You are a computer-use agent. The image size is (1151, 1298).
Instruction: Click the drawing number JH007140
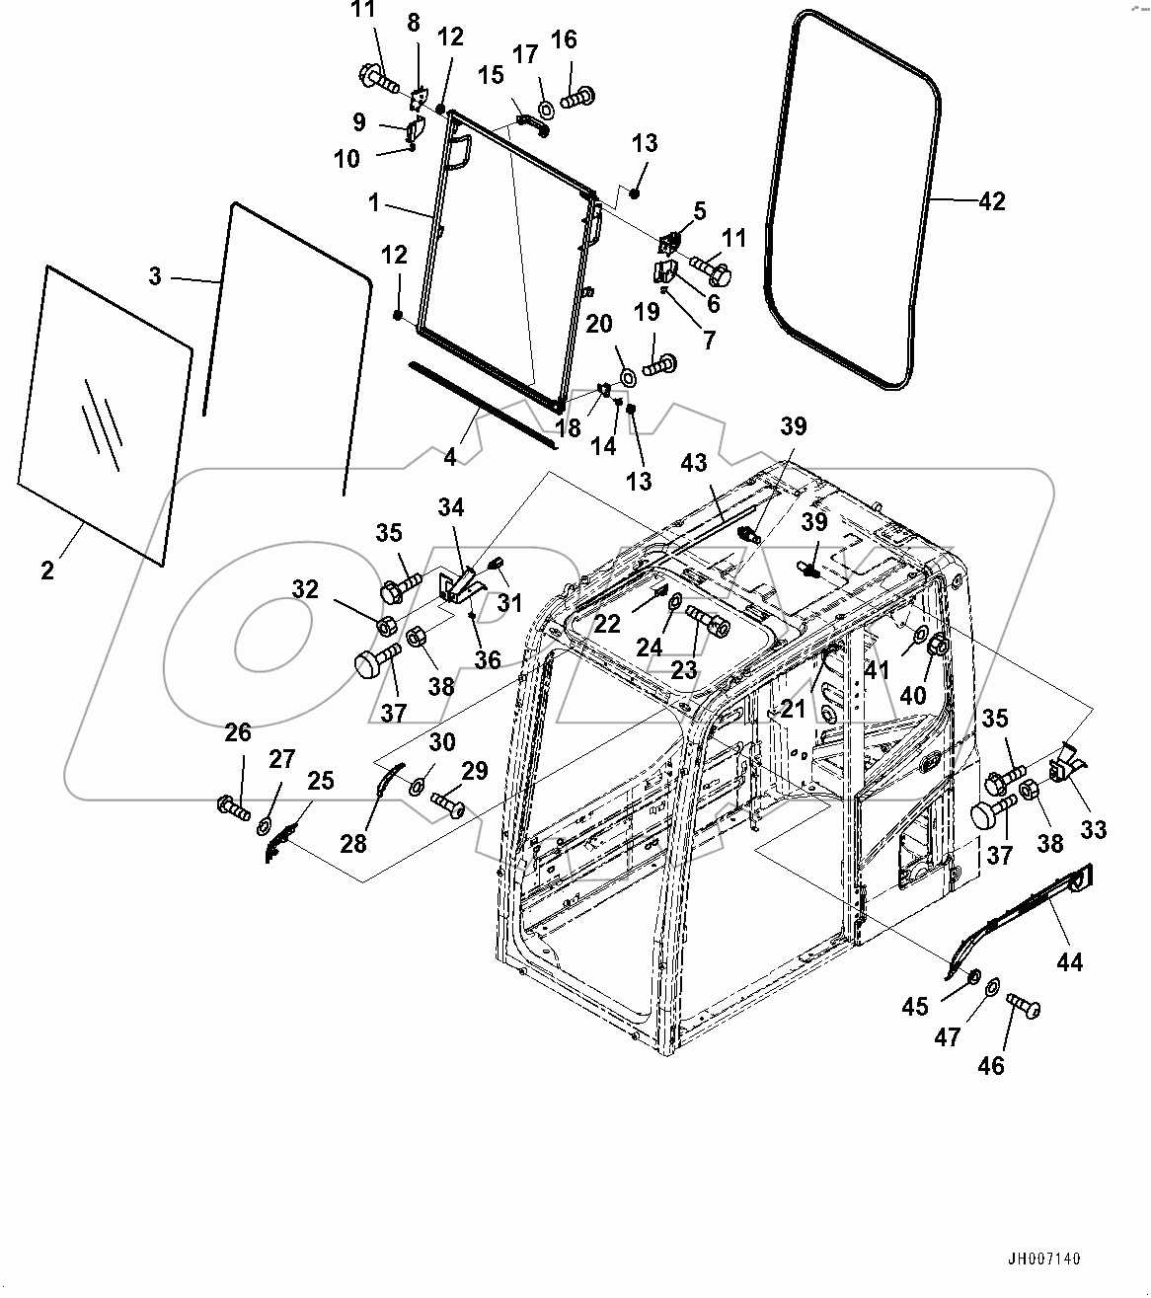(1043, 1259)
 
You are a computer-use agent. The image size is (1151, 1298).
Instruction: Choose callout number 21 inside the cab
(793, 708)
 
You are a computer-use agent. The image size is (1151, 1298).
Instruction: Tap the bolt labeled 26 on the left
(234, 804)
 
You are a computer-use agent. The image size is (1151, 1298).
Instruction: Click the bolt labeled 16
(575, 97)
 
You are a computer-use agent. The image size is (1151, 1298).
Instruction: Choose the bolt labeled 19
(657, 366)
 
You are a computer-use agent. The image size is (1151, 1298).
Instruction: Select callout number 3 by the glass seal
(155, 276)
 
